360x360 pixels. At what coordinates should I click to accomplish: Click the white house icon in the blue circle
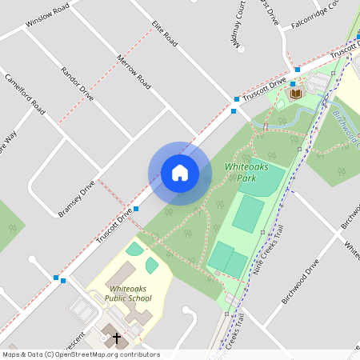pos(179,173)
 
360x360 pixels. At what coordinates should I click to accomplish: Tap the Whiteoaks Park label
pos(250,172)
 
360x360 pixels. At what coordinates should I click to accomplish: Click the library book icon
pos(297,94)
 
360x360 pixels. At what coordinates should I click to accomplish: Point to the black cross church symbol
pos(115,338)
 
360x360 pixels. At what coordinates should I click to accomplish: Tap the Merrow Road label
pos(134,70)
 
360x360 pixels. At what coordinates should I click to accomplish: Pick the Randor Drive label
pos(77,83)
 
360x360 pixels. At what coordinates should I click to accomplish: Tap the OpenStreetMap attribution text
pos(81,354)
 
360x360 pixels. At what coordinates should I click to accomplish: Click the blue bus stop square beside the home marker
pos(137,209)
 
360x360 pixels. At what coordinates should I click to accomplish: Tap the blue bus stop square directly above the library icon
pos(294,83)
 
